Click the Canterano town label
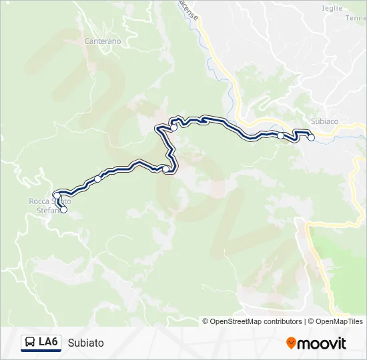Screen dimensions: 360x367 102,41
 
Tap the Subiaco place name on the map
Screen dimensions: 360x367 325,121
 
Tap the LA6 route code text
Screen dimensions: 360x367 48,343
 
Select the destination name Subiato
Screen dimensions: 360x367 85,343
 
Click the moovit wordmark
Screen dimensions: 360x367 322,343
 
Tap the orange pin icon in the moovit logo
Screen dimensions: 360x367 292,343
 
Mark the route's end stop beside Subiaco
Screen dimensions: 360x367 311,138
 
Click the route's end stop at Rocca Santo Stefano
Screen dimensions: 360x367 64,210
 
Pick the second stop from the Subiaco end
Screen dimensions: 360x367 281,136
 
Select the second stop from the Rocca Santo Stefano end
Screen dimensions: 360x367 57,195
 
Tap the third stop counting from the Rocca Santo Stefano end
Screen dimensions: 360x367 98,179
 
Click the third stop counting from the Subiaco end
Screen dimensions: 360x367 173,127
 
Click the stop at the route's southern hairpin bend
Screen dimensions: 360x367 165,169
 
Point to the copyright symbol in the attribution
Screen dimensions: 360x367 206,321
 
